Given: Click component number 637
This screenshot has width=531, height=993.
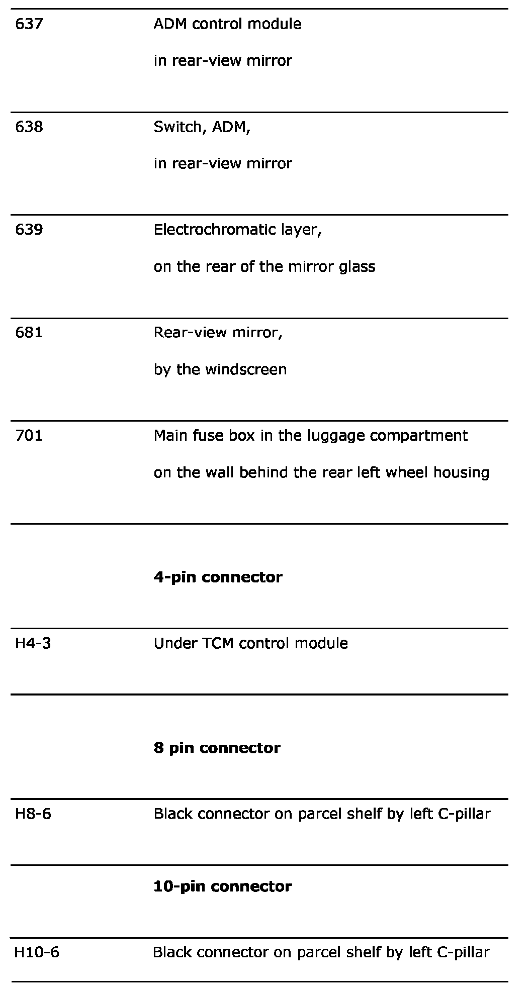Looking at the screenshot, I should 29,24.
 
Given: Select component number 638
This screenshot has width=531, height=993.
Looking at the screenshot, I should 29,127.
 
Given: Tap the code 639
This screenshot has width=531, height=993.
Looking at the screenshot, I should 29,230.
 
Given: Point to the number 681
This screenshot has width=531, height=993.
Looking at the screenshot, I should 29,333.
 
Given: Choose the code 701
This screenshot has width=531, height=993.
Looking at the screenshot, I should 29,436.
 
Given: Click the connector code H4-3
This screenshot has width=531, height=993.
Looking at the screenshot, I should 33,644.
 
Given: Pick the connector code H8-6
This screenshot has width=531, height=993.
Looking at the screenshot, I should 33,814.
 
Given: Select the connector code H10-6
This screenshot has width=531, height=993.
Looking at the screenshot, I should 37,952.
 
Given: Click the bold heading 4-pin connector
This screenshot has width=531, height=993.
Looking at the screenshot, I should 218,577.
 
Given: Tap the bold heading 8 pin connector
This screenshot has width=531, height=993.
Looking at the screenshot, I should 217,748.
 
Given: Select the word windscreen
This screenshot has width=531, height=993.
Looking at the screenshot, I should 246,370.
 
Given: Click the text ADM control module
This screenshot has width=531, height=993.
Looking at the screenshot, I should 227,24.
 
